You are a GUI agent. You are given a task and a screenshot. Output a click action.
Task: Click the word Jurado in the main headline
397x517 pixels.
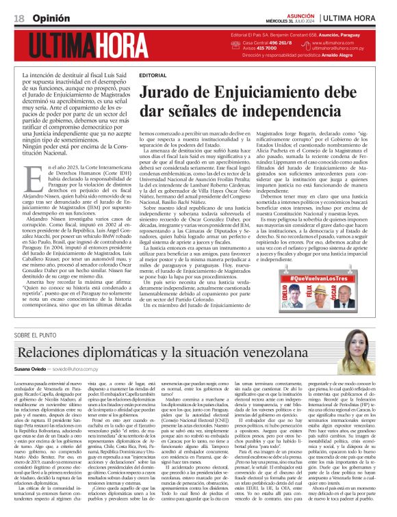(168, 90)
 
